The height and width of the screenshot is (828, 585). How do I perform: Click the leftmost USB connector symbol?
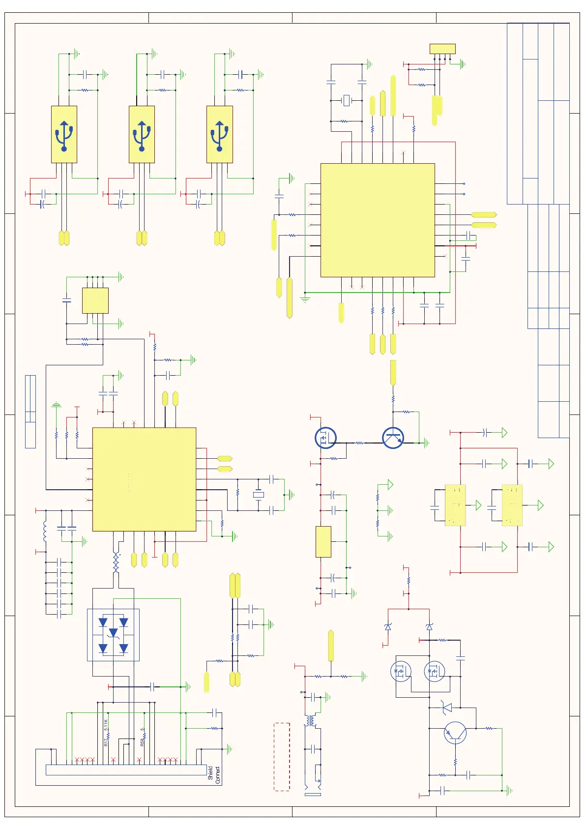pyautogui.click(x=64, y=134)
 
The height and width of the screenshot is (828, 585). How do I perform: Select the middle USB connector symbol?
pyautogui.click(x=142, y=134)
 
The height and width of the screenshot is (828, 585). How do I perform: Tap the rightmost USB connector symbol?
pyautogui.click(x=219, y=134)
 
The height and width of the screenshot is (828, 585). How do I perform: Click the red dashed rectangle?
pyautogui.click(x=282, y=756)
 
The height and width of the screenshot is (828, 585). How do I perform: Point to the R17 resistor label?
pyautogui.click(x=106, y=741)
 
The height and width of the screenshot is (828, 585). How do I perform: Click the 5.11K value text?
pyautogui.click(x=106, y=725)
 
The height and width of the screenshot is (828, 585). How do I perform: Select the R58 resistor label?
pyautogui.click(x=142, y=741)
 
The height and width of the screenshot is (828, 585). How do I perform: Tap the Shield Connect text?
pyautogui.click(x=214, y=774)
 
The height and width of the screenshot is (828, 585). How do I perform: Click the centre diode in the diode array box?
pyautogui.click(x=114, y=633)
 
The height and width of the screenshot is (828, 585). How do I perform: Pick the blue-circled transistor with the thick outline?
pyautogui.click(x=393, y=438)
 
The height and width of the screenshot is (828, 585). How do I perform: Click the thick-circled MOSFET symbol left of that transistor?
pyautogui.click(x=325, y=438)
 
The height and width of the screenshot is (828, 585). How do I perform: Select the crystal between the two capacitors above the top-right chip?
pyautogui.click(x=347, y=101)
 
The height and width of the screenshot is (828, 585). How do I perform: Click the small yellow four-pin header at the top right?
pyautogui.click(x=442, y=49)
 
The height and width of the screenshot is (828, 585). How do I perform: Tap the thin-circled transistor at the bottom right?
pyautogui.click(x=455, y=733)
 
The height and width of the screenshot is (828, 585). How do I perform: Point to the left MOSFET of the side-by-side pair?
pyautogui.click(x=401, y=671)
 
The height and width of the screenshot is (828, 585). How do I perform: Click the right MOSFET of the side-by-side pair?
pyautogui.click(x=435, y=671)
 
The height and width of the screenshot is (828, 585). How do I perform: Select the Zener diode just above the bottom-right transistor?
pyautogui.click(x=447, y=708)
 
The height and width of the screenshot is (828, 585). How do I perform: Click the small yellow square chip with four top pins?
pyautogui.click(x=95, y=300)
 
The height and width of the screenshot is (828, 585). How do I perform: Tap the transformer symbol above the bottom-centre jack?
pyautogui.click(x=310, y=721)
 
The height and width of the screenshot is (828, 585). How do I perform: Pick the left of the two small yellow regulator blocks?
pyautogui.click(x=455, y=505)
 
